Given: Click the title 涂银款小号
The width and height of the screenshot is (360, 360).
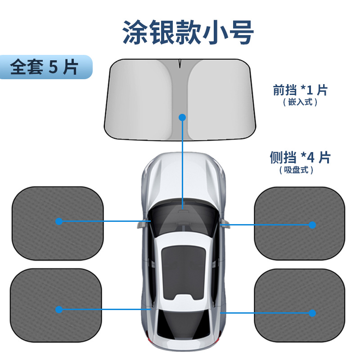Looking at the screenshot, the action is click(189, 32).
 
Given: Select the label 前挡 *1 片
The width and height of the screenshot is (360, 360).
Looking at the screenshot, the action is click(300, 90).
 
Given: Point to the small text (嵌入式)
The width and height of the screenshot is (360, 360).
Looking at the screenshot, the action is click(300, 102).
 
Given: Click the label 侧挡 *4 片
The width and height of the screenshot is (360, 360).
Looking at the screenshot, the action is click(300, 157).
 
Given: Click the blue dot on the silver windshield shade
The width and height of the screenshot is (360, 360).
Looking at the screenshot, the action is click(182, 117).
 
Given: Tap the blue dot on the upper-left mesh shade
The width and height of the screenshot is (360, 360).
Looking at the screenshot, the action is click(59, 221).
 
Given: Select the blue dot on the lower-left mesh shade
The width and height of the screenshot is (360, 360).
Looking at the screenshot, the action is click(59, 309).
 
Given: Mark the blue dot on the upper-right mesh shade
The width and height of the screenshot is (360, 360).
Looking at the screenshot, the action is click(312, 225).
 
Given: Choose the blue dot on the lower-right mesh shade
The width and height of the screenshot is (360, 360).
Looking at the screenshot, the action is click(312, 313).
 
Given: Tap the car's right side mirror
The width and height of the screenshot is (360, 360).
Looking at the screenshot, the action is click(225, 221).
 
